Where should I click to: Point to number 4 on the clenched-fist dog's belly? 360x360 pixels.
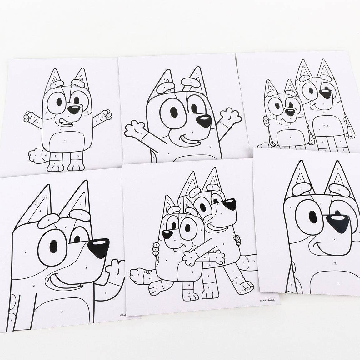tap(65, 141)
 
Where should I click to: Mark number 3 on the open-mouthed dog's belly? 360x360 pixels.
tap(62, 312)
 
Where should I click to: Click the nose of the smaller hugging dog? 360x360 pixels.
tap(167, 233)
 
